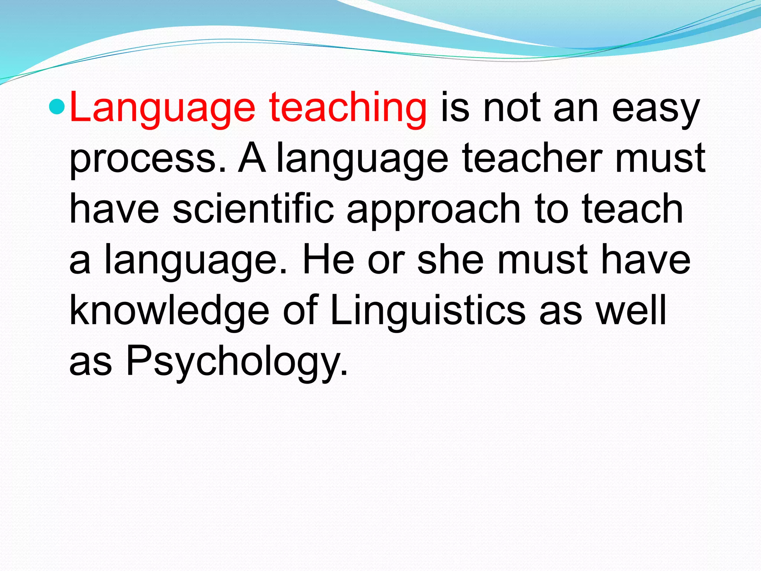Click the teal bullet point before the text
tap(57, 107)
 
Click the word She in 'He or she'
tap(450, 259)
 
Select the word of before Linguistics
tap(300, 310)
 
